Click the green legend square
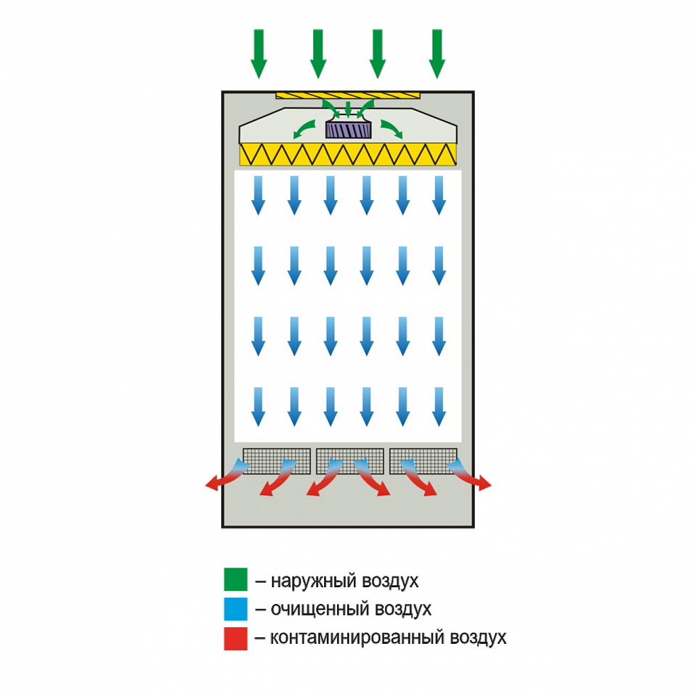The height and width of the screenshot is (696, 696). [x=236, y=580]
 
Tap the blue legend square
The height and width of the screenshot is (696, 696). [x=236, y=609]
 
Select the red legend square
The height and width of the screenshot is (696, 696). [x=236, y=639]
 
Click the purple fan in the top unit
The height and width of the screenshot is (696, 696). [x=348, y=130]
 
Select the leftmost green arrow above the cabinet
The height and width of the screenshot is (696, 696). [x=259, y=54]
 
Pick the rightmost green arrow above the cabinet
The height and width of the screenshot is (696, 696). [x=436, y=54]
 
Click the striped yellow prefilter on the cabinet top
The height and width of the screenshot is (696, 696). [x=348, y=95]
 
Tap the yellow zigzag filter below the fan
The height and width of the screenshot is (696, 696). [x=348, y=153]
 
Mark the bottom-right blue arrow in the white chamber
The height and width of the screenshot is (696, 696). [x=438, y=407]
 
